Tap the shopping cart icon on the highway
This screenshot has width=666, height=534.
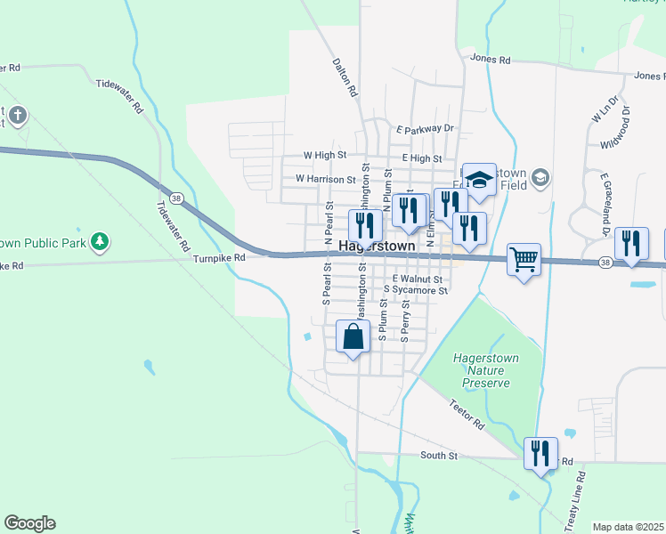(x=524, y=260)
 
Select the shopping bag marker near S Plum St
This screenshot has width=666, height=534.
(x=353, y=337)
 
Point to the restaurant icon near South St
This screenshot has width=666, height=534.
(x=540, y=453)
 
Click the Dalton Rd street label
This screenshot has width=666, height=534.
(x=345, y=77)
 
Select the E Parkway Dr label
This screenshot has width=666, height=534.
(x=426, y=129)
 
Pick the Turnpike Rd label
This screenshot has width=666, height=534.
(x=218, y=257)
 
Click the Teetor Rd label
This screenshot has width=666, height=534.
(x=466, y=413)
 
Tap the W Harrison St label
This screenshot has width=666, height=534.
(x=325, y=179)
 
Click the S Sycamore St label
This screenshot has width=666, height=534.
(x=415, y=289)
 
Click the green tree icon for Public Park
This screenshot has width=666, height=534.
(x=102, y=240)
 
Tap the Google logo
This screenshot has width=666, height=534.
(x=29, y=523)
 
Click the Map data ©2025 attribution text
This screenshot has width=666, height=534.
(x=629, y=527)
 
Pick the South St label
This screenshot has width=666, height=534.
(x=439, y=455)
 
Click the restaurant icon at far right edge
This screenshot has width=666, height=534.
(x=631, y=243)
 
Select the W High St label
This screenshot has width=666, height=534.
(x=324, y=155)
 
